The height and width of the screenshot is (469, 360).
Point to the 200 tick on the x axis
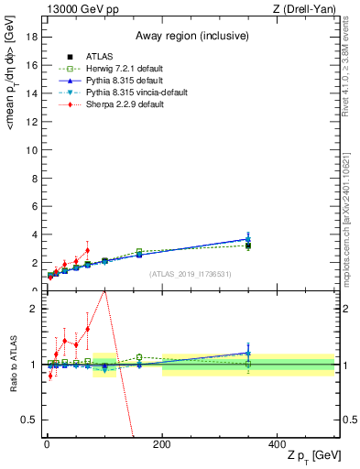coord(162,444)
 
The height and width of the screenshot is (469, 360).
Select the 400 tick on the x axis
coord(278,444)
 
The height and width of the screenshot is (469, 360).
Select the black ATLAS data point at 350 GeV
coord(248,245)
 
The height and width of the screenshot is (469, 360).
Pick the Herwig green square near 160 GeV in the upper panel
coord(139,252)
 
